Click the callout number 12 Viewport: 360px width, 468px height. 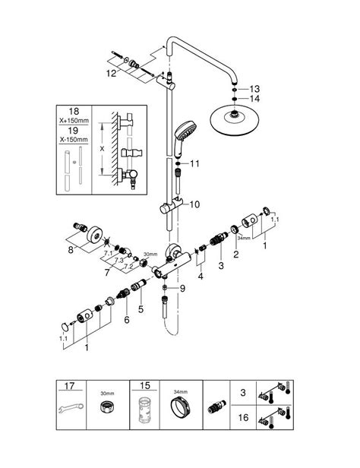point(112,74)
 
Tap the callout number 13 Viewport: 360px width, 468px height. point(255,88)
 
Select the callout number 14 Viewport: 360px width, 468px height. point(255,99)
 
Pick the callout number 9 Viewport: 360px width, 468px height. point(182,288)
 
